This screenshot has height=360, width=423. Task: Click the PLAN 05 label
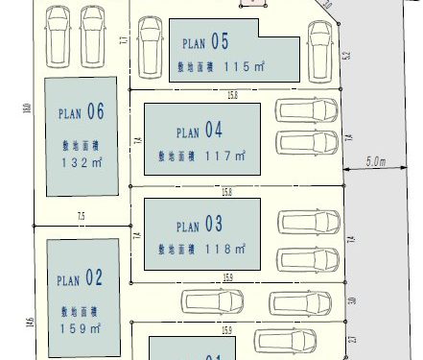[x=205, y=42]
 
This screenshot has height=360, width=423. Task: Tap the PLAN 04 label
[x=200, y=130]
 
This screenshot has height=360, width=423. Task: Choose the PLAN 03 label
[x=200, y=226]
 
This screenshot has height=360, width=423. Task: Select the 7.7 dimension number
[x=124, y=40]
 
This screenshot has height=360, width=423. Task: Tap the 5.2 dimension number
[x=346, y=56]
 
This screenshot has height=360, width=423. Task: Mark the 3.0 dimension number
[x=352, y=300]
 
